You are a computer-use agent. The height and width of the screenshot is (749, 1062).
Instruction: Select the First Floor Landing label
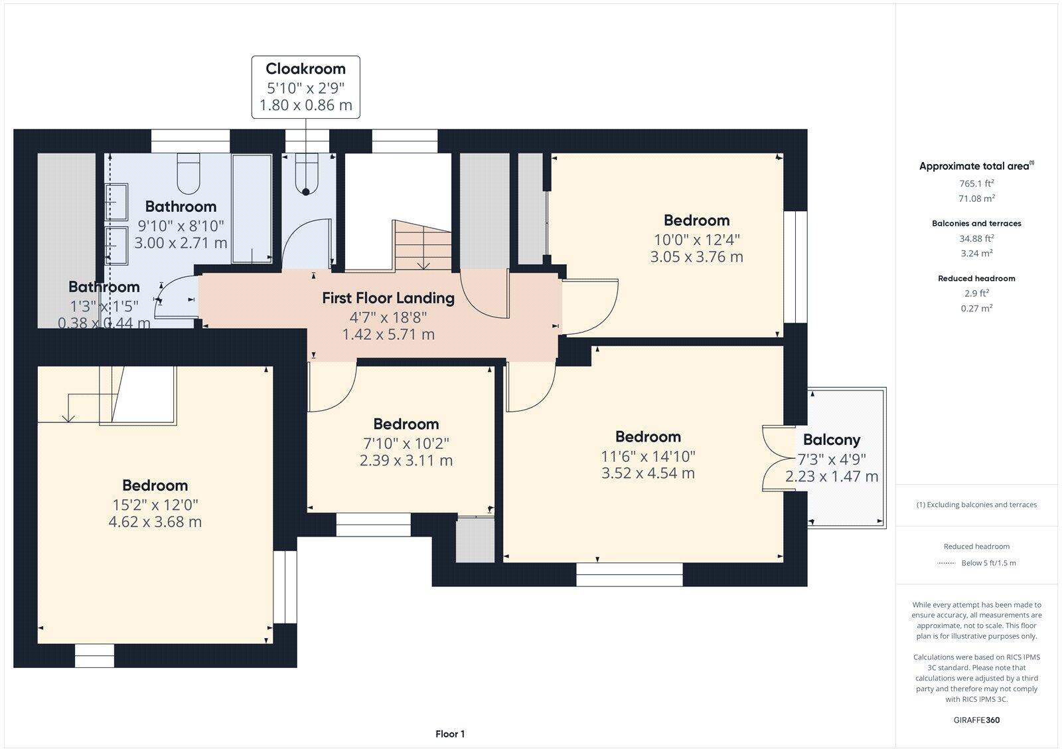coord(388,298)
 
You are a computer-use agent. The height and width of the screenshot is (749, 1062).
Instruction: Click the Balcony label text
coord(832,440)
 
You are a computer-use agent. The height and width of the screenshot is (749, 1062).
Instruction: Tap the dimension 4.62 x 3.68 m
coord(155,522)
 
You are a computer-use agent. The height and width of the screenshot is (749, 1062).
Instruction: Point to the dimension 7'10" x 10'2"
coord(406,443)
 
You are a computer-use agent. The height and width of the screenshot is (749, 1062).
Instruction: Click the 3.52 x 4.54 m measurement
coord(648,473)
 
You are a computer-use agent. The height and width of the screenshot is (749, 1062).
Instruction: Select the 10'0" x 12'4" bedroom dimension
coord(696,239)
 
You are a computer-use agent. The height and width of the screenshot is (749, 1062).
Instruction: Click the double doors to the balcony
coord(773,458)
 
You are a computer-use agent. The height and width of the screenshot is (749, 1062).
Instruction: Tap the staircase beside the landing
coord(422,246)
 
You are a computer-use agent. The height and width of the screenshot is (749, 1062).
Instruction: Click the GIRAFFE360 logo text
coord(976,720)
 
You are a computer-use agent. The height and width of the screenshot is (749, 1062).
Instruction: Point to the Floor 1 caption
coord(450,734)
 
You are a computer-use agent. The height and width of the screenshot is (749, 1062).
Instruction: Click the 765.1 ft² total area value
coord(976,183)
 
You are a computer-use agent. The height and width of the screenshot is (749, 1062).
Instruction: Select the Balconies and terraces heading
coord(976,224)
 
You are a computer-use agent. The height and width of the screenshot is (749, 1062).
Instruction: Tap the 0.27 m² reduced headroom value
coord(976,308)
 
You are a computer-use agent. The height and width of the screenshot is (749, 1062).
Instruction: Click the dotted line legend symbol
coord(946,563)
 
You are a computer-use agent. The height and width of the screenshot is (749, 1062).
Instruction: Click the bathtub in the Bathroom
coord(252,207)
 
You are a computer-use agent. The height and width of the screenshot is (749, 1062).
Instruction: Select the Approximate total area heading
coord(974,167)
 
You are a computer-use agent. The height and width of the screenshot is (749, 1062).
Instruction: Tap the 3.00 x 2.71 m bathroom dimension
coord(181,243)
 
